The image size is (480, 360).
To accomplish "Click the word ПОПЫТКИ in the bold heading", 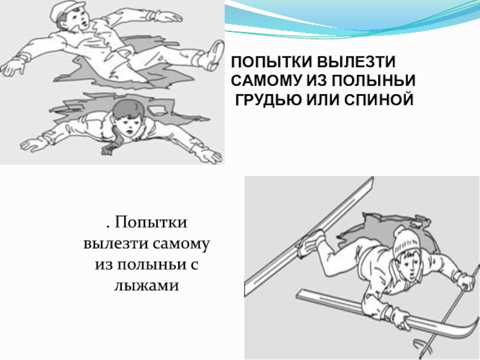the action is (272, 62).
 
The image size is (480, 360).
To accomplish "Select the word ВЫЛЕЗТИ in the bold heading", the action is (356, 62).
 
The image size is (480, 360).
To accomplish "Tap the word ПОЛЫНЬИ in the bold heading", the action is (373, 81).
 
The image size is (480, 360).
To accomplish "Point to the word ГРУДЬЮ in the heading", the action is (268, 100).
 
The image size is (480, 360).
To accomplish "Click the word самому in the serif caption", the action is (180, 244).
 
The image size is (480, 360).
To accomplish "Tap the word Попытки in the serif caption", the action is (151, 223).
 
